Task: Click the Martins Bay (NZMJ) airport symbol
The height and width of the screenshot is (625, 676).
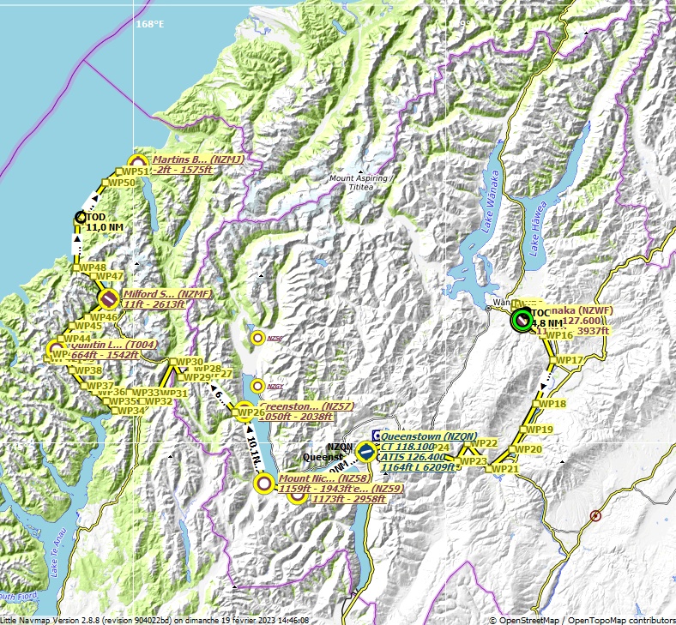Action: point(136,163)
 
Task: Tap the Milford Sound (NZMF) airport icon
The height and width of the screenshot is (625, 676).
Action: point(108,298)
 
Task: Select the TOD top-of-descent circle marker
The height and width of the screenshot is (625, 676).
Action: point(81,218)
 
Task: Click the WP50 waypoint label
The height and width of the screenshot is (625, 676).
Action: point(123,183)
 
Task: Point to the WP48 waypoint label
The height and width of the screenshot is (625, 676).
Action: point(93,267)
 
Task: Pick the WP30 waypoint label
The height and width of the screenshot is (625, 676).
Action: point(190,362)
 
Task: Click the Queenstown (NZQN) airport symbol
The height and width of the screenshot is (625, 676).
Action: point(366,449)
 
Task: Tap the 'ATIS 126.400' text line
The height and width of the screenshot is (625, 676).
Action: point(411,457)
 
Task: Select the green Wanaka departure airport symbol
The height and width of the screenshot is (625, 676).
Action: point(521,321)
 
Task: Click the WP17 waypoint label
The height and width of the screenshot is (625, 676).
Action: point(570,360)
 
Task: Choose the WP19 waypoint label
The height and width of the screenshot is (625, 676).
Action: point(540,430)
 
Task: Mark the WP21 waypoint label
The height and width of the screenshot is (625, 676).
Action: point(505,469)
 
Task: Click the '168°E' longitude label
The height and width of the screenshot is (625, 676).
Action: point(149,25)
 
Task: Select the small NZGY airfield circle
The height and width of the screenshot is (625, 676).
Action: point(257,386)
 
